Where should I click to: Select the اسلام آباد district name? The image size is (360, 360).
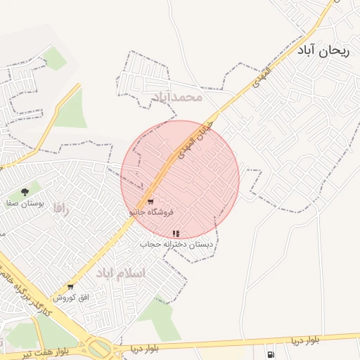[x=120, y=273]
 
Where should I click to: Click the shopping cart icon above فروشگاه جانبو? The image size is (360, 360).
[x=150, y=202]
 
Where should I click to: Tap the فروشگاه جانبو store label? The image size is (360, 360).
[x=150, y=212]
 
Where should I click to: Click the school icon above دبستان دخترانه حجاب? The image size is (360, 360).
[x=176, y=233]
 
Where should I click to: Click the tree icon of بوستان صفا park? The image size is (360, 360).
[x=25, y=191]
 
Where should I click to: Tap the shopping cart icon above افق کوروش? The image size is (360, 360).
[x=70, y=287]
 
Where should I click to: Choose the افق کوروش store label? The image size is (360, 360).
[x=74, y=297]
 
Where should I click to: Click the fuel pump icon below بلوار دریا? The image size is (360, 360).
[x=271, y=352]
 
